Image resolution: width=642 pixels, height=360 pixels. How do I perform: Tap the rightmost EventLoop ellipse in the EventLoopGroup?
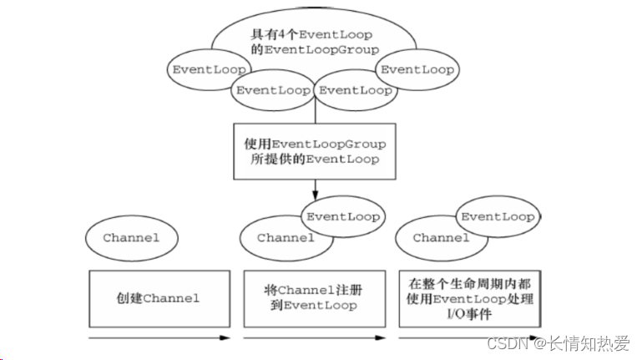[417, 68]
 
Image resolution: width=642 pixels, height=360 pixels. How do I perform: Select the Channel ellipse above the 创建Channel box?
[131, 237]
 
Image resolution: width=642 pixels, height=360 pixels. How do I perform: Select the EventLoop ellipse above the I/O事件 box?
[498, 216]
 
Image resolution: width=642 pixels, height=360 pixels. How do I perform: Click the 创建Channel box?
[159, 298]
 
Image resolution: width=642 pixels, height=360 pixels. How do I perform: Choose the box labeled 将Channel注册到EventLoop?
[314, 298]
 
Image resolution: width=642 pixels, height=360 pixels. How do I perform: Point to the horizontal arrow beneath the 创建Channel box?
[159, 338]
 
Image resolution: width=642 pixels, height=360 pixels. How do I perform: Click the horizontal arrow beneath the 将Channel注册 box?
[314, 338]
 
